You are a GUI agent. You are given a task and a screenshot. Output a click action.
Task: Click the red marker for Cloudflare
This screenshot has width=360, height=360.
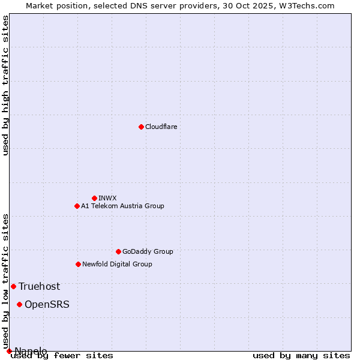click(141, 127)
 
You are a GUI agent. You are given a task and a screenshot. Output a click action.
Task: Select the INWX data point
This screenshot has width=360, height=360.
click(94, 198)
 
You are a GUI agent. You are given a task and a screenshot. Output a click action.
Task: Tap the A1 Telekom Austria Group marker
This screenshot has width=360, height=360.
click(77, 206)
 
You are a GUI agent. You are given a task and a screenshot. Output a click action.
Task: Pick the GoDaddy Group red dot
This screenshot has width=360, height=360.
click(118, 251)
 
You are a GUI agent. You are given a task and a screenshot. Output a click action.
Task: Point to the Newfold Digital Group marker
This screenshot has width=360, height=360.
click(78, 264)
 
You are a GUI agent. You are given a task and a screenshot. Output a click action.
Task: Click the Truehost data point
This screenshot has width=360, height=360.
click(13, 286)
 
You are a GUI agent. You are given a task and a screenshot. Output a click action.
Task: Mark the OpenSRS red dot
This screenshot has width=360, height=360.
click(19, 304)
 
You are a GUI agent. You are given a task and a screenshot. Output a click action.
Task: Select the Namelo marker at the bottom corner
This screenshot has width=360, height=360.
click(9, 351)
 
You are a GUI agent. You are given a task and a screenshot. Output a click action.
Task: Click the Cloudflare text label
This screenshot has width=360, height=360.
click(161, 127)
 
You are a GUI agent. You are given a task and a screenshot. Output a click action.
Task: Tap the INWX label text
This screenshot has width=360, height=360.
click(107, 198)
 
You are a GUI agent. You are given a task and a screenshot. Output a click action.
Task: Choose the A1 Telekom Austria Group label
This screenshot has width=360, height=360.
click(122, 206)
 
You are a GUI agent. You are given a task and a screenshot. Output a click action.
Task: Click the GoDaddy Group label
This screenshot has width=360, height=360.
click(148, 251)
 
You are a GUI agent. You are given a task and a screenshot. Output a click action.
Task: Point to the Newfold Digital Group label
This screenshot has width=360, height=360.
click(117, 264)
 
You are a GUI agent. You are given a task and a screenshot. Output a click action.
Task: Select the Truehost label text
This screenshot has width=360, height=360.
click(39, 286)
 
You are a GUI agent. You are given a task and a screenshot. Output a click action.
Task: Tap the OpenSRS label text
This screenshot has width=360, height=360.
click(47, 304)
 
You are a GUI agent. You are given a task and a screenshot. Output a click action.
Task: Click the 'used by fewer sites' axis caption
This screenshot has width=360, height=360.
click(62, 355)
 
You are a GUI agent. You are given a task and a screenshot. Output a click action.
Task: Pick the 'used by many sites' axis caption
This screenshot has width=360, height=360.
click(301, 355)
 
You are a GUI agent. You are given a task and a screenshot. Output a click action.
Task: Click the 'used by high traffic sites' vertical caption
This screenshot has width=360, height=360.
click(5, 85)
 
